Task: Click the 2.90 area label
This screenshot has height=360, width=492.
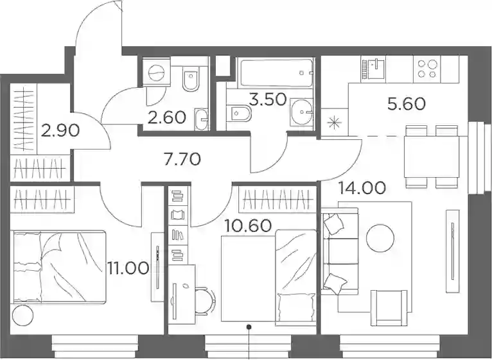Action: pyautogui.click(x=60, y=131)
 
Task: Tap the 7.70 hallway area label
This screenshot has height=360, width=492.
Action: pyautogui.click(x=182, y=159)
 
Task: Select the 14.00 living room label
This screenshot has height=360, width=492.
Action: pyautogui.click(x=362, y=188)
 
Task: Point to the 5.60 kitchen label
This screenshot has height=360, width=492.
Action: pyautogui.click(x=407, y=104)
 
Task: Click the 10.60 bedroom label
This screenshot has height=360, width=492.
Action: pyautogui.click(x=248, y=225)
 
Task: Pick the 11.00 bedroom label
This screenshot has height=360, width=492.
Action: pyautogui.click(x=128, y=268)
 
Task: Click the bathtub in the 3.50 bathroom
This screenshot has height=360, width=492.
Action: pyautogui.click(x=276, y=73)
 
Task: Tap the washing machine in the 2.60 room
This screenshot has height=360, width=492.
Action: pyautogui.click(x=156, y=71)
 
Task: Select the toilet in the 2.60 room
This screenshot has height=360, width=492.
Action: pyautogui.click(x=191, y=79)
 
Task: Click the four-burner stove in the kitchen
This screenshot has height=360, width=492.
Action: pyautogui.click(x=427, y=69)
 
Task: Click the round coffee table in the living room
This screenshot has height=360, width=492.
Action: pyautogui.click(x=380, y=238)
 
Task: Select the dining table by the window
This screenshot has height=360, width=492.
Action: pyautogui.click(x=432, y=157)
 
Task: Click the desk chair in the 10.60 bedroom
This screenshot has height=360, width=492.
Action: pyautogui.click(x=205, y=301)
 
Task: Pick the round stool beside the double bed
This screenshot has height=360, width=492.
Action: pyautogui.click(x=22, y=315)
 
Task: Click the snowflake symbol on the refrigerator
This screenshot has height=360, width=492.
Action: pyautogui.click(x=335, y=123)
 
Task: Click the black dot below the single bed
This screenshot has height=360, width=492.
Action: pyautogui.click(x=249, y=327)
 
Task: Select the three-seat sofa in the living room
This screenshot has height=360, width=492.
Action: pyautogui.click(x=340, y=251)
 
